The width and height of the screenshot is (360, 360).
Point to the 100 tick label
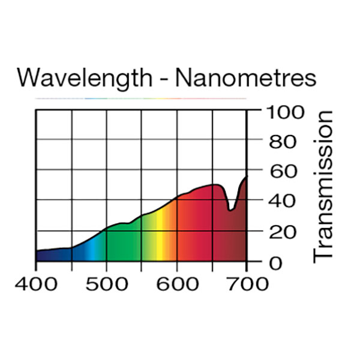(284, 112)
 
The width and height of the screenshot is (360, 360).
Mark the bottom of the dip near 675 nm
(230, 209)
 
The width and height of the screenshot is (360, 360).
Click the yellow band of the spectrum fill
(160, 240)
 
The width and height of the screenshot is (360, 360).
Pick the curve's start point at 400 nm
(37, 251)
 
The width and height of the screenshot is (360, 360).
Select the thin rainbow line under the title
(141, 98)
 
